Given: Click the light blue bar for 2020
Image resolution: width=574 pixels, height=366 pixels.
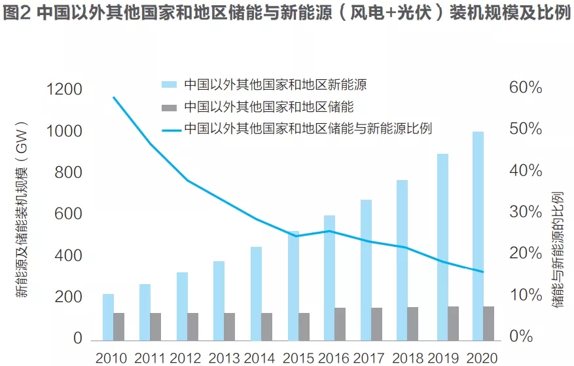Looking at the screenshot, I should (x=478, y=236).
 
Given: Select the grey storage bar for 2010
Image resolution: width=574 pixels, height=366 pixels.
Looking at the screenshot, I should (x=118, y=326).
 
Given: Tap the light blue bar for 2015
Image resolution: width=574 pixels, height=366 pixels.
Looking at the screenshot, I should (x=293, y=286).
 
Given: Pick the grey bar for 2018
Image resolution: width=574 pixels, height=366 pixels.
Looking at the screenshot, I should (x=413, y=323).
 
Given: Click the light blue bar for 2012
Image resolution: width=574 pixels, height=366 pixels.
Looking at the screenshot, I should (x=182, y=306).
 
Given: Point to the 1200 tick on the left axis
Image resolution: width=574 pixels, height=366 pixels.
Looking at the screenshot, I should (x=65, y=90).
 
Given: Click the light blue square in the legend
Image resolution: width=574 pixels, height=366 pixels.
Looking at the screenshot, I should (x=169, y=84).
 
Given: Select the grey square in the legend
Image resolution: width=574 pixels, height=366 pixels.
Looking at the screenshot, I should (x=169, y=105).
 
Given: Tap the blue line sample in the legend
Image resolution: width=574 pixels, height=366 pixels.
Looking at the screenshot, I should (x=169, y=128).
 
